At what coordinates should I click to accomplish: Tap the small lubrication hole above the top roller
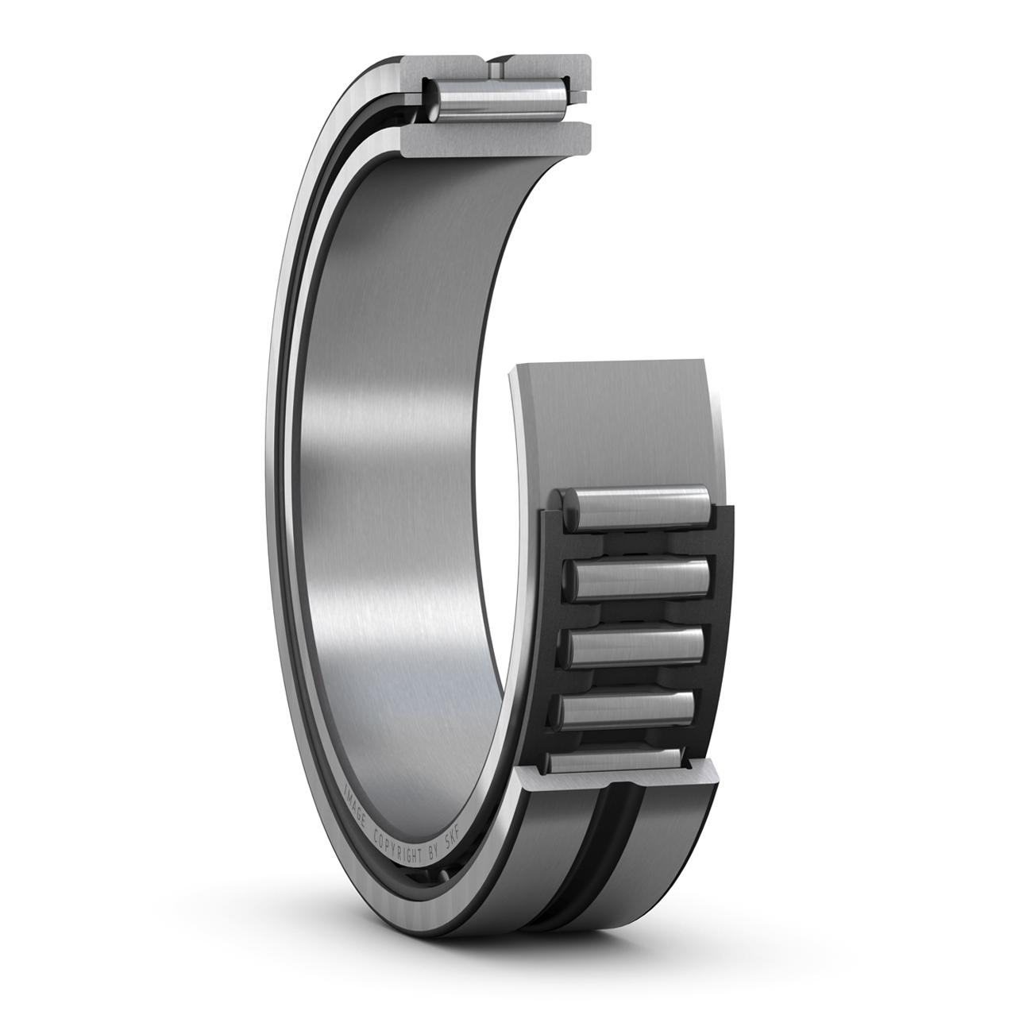pyautogui.click(x=496, y=71)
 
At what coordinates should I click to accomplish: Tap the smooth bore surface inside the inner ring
pyautogui.click(x=397, y=477)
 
